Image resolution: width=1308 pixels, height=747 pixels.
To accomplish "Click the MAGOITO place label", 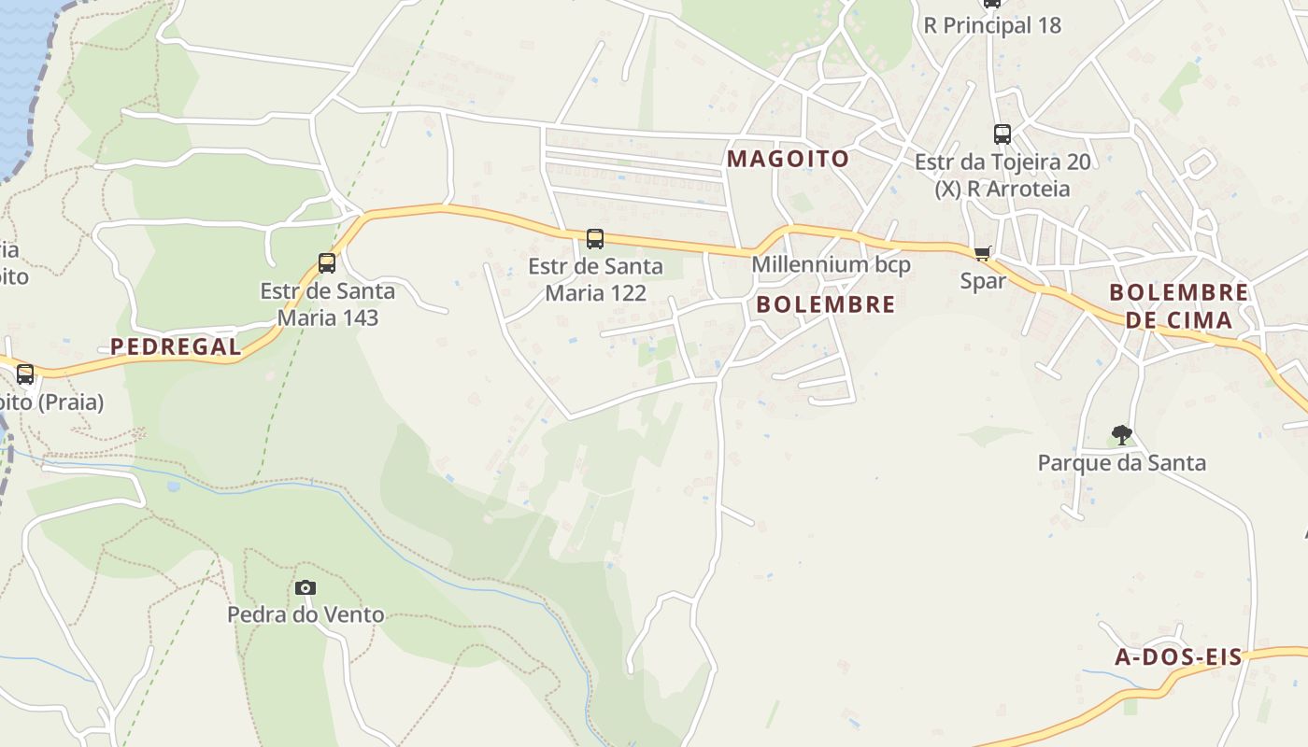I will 788,159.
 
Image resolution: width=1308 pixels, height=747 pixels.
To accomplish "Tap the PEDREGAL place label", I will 176,346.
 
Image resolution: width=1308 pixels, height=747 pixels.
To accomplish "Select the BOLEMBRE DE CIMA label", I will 1178,306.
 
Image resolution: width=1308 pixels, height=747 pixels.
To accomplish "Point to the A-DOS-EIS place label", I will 1178,656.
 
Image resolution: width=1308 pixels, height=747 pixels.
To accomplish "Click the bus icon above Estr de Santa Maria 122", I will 595,239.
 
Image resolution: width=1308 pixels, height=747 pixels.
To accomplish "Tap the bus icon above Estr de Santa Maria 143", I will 327,263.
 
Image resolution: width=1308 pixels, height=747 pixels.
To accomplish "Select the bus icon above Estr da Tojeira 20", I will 1002,134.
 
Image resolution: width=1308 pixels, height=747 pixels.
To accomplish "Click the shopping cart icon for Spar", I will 982,253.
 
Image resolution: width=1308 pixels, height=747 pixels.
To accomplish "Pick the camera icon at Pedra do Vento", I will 306,587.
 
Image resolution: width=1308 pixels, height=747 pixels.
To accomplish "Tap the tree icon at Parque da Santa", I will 1122,434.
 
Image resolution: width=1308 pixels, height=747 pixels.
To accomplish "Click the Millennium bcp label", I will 831,265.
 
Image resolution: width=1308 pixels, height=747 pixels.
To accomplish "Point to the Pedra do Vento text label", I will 306,614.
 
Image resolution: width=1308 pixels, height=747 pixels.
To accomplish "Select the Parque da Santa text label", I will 1122,462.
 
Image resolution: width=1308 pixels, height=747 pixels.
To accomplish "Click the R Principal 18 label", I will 992,25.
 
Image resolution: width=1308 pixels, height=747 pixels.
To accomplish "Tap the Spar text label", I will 983,280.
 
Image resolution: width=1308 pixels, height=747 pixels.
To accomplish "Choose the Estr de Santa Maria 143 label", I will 327,304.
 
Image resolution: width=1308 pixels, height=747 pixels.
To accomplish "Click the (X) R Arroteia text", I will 1002,189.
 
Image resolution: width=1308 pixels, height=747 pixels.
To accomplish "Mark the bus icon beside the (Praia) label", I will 25,374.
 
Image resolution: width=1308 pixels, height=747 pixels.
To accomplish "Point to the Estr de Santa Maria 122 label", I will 595,279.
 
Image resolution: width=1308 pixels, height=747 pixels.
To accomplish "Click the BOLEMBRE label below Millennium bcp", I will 825,304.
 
